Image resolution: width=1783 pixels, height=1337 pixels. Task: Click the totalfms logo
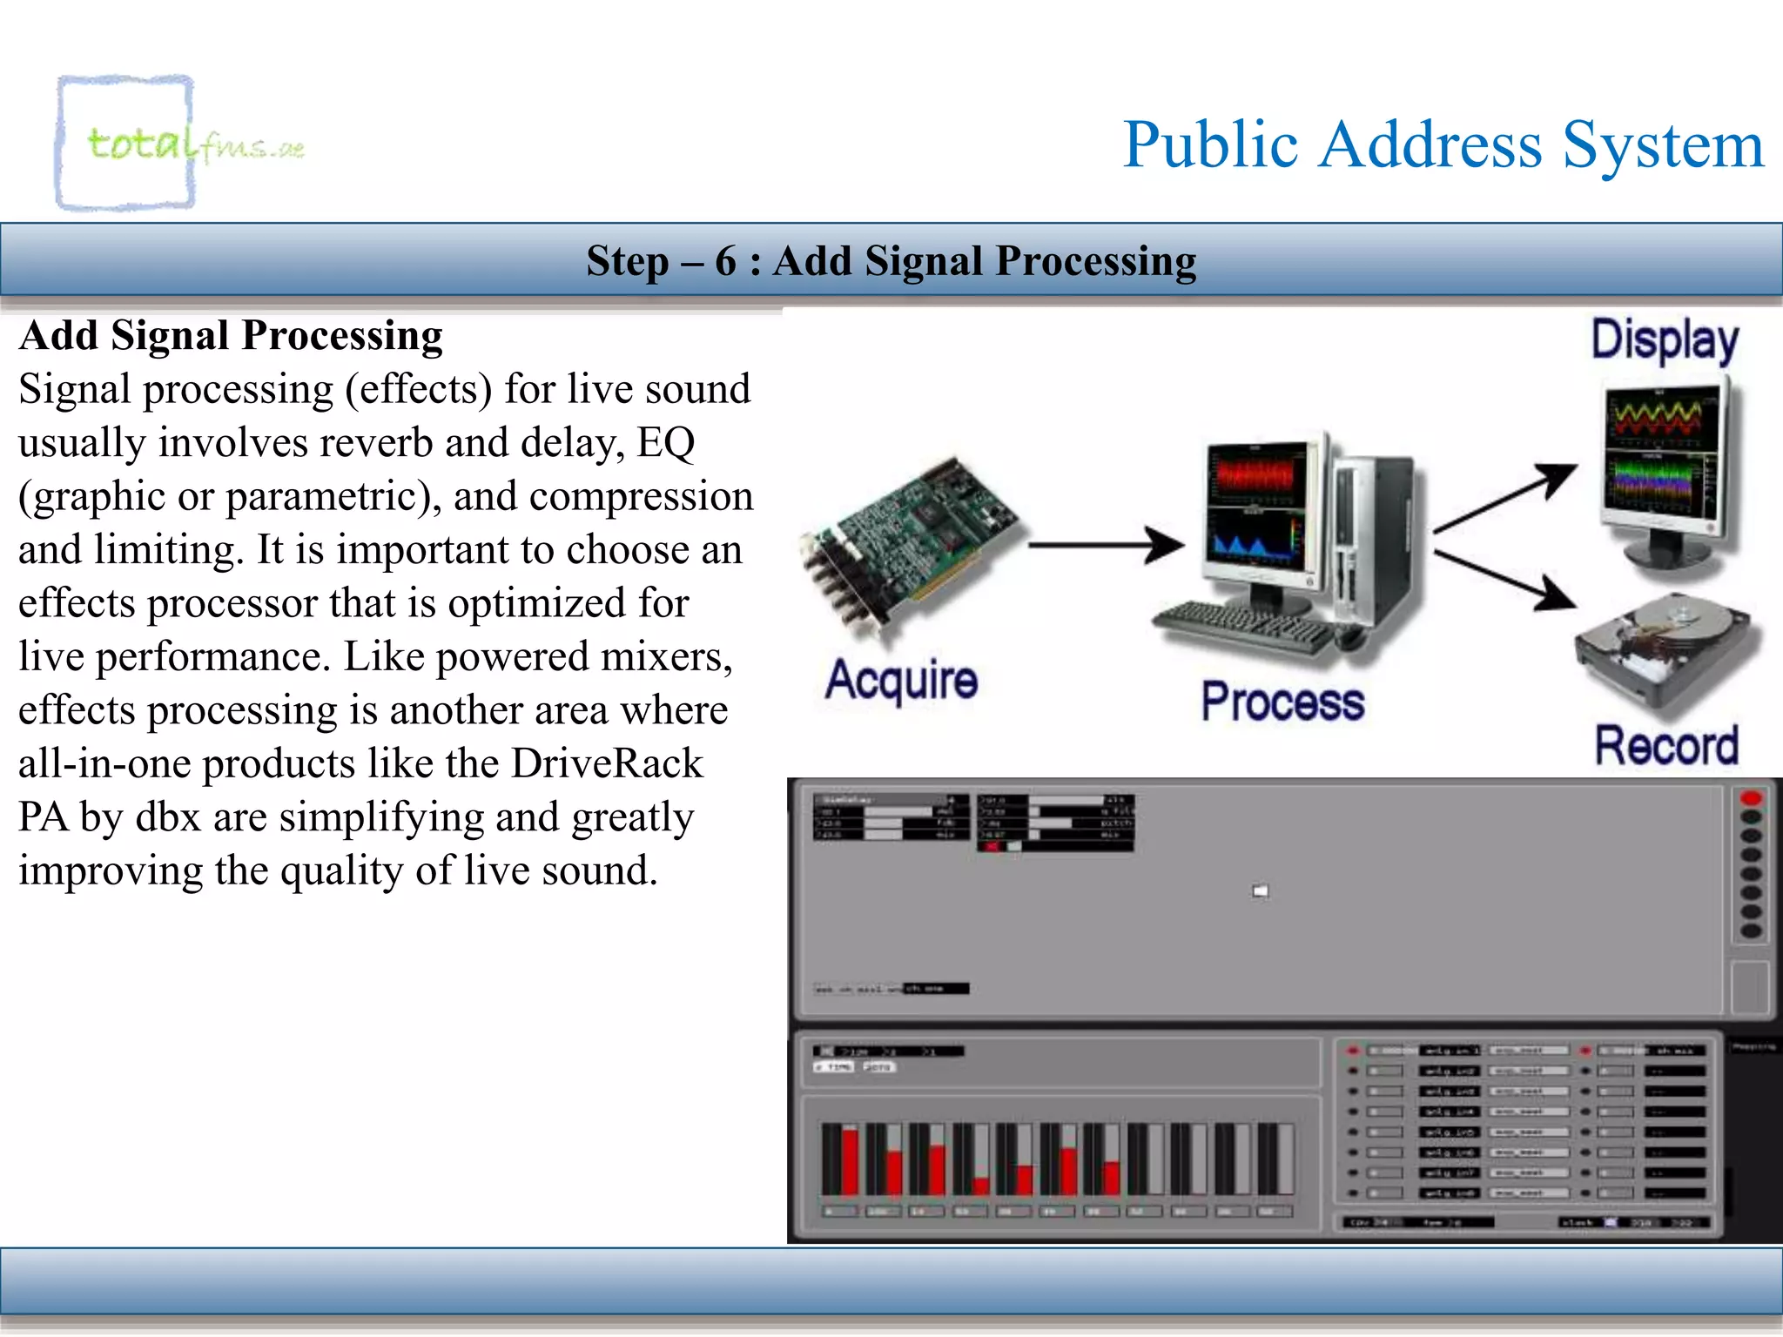(174, 144)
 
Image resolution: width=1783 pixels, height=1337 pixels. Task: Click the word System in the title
(1663, 145)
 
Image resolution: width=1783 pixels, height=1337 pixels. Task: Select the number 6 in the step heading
(725, 261)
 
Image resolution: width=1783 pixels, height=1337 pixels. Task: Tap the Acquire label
(902, 681)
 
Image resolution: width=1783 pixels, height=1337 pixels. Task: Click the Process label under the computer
(1282, 702)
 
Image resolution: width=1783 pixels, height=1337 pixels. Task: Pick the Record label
(1666, 746)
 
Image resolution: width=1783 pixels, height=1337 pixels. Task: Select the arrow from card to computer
(1106, 546)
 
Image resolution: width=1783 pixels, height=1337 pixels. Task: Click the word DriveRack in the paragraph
(607, 763)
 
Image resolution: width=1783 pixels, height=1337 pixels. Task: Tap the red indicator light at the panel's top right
(1751, 798)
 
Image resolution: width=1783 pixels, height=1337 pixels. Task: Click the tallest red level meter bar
(850, 1161)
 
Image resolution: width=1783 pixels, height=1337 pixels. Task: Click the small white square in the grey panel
(1260, 890)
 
